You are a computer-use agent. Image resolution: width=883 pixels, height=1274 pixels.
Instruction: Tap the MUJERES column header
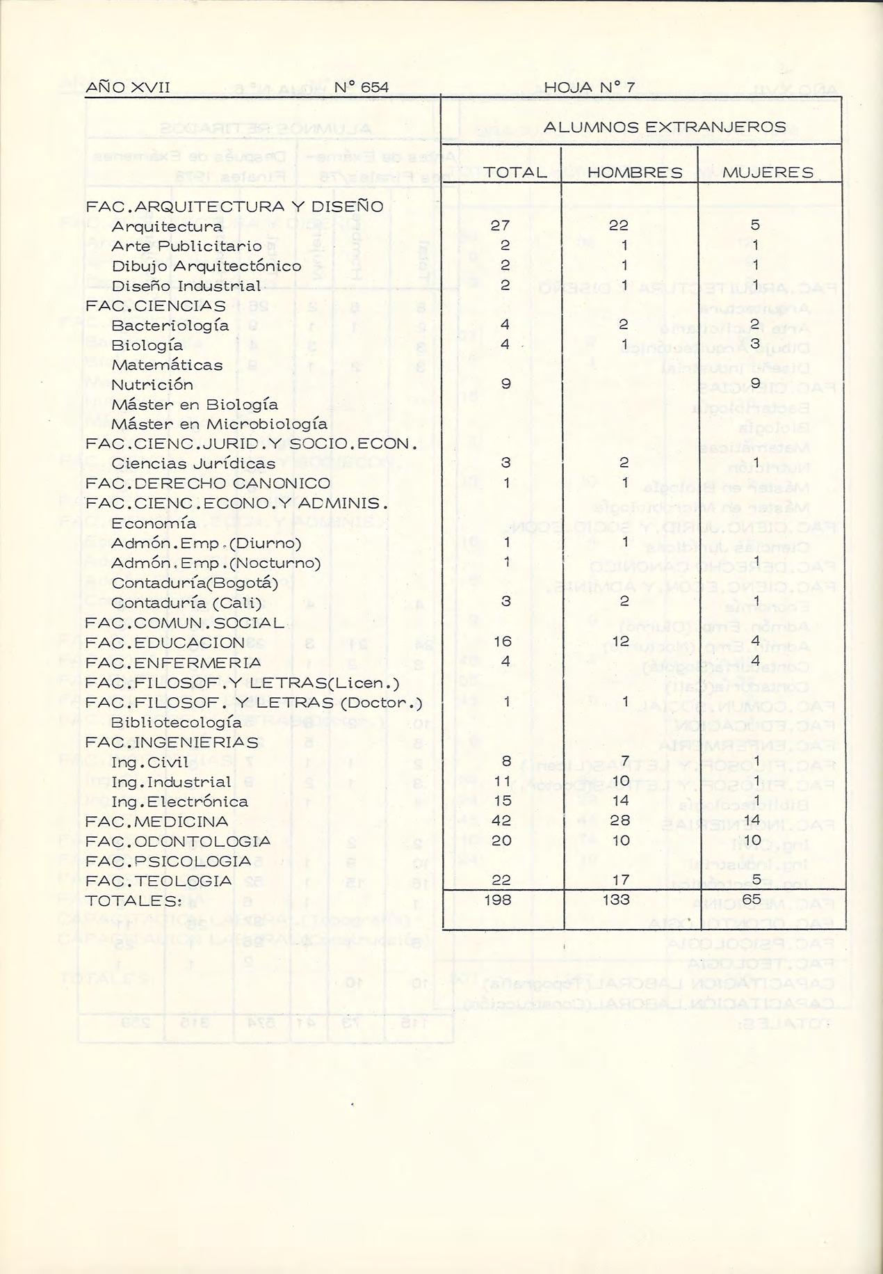click(768, 173)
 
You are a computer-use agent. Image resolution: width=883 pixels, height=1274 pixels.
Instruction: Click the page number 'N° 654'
click(361, 88)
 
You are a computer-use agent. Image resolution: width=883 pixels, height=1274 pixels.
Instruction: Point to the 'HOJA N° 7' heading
click(589, 88)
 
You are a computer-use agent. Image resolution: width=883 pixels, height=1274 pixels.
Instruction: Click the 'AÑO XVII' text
click(127, 88)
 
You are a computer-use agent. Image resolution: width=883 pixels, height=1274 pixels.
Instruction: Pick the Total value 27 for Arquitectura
click(500, 225)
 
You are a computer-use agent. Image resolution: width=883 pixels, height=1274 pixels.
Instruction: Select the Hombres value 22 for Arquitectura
click(619, 225)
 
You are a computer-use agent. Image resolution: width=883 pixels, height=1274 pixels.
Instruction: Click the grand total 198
click(498, 900)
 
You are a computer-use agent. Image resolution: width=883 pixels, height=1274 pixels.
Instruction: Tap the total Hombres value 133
click(616, 900)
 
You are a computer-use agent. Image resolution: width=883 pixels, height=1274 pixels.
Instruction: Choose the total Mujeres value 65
click(752, 899)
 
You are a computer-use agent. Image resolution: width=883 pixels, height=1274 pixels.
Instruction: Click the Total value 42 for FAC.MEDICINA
click(501, 821)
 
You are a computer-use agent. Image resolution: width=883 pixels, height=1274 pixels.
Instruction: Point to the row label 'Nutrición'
click(152, 385)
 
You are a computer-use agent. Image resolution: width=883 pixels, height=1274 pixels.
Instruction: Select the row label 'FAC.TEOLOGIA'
click(159, 882)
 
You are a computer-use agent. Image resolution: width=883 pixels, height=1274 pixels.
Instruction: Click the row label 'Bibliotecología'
click(177, 722)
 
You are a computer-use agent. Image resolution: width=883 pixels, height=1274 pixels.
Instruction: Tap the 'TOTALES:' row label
click(133, 901)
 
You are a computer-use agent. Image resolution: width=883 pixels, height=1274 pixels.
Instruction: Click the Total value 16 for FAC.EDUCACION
click(502, 642)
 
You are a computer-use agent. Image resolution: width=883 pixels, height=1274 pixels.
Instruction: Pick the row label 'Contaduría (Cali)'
click(186, 603)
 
